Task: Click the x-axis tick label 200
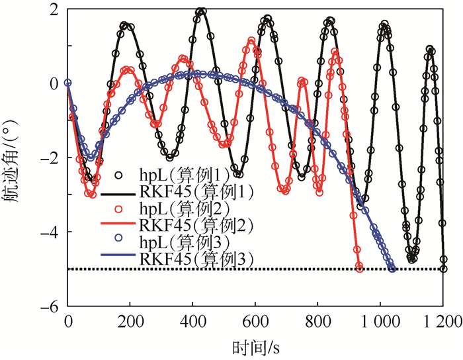130,322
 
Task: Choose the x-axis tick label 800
317,322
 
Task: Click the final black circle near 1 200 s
443,269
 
